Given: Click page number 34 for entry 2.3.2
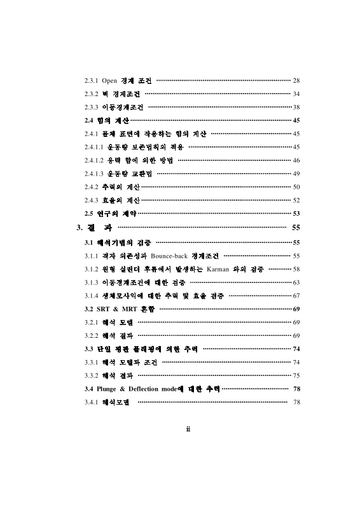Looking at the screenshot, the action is point(296,94).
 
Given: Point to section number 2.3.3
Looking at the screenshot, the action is point(92,107).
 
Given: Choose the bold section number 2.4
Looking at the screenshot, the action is point(89,120).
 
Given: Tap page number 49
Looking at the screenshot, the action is point(296,174).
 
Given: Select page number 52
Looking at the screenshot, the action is point(296,200).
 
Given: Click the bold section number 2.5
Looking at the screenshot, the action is point(89,214).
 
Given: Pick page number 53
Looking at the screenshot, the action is point(296,214).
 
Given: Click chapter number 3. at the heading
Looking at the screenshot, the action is point(80,228).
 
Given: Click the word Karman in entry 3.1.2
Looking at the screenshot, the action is point(219,268).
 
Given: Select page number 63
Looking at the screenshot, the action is point(296,282).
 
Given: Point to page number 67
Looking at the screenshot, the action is point(296,295).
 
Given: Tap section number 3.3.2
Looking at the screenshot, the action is point(92,375).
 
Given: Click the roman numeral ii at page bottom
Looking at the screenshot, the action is point(189,428).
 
